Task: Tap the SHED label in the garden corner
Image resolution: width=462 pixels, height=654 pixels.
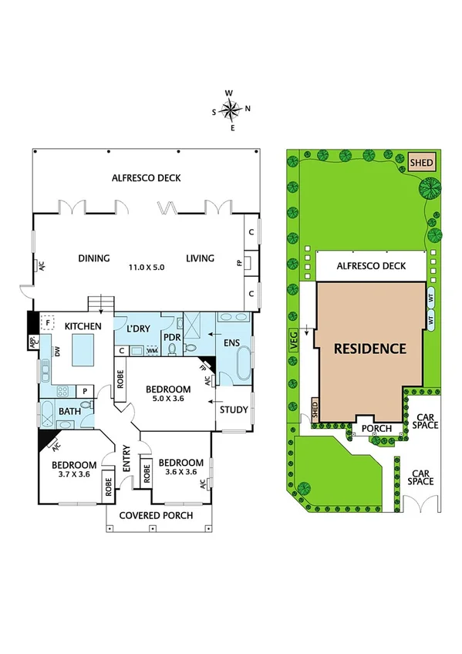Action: point(422,163)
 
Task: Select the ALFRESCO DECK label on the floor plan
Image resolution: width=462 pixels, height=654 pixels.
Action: point(147,178)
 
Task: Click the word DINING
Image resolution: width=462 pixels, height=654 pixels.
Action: point(94,258)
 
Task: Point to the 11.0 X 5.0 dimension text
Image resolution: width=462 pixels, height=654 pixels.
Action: point(147,267)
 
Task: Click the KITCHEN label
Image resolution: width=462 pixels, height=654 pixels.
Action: point(83,327)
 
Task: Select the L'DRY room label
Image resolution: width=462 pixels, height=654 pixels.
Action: point(138,329)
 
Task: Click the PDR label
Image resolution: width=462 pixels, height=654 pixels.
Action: point(172,336)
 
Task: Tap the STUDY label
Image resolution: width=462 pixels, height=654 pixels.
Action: point(234,410)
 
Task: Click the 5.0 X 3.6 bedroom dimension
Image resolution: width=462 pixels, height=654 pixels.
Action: point(170,399)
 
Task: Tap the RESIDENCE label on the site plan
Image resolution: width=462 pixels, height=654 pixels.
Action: point(370,349)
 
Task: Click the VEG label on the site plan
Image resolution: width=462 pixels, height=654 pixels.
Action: point(294,342)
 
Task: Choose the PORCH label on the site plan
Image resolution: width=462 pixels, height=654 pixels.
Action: point(376,428)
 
